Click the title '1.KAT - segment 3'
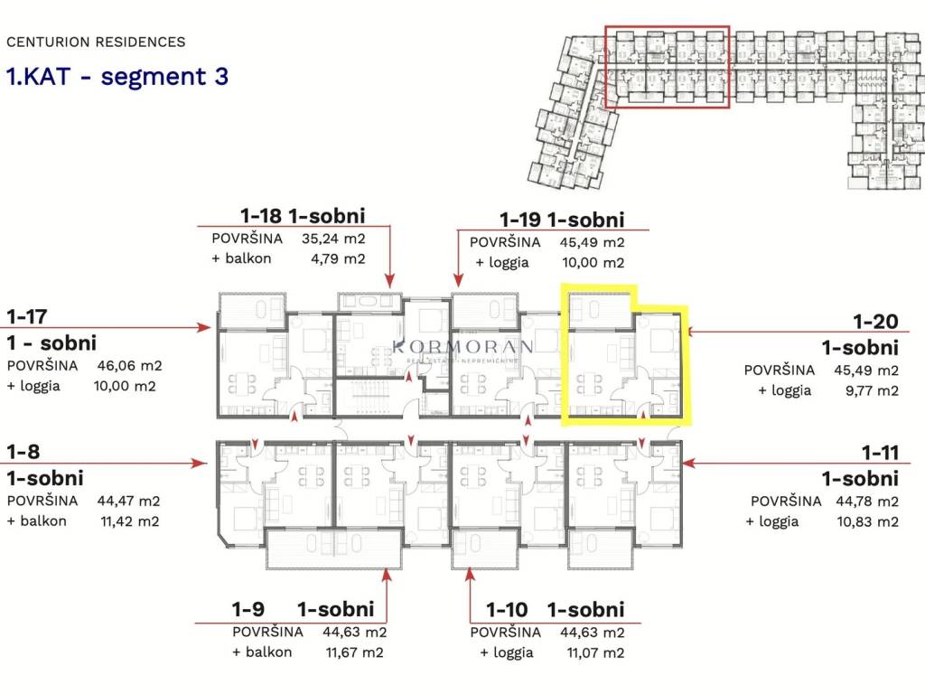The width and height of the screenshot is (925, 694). click(x=117, y=77)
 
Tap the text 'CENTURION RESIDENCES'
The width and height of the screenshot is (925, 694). click(x=96, y=42)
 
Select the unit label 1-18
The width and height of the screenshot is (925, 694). click(x=261, y=216)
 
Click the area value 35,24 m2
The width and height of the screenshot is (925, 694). click(x=333, y=239)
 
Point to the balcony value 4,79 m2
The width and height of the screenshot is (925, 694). click(x=338, y=258)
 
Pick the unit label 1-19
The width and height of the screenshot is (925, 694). click(x=520, y=220)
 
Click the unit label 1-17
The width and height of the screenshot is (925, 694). click(x=26, y=317)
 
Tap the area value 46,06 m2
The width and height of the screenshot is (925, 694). click(x=129, y=365)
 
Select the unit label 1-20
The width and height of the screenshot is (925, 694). click(x=876, y=322)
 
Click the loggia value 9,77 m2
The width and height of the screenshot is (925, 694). click(x=872, y=390)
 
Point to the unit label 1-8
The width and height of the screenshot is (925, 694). click(x=23, y=452)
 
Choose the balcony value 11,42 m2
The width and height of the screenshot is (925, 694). click(x=130, y=521)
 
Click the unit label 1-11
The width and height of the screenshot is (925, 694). click(x=880, y=453)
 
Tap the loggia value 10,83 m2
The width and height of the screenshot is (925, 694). click(x=867, y=521)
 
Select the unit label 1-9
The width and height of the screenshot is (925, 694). click(x=248, y=609)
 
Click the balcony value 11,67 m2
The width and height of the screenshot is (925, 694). click(x=354, y=652)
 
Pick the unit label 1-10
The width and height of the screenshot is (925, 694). click(x=507, y=610)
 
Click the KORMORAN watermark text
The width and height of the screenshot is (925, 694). click(x=463, y=346)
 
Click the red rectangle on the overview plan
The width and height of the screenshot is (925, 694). click(x=605, y=67)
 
